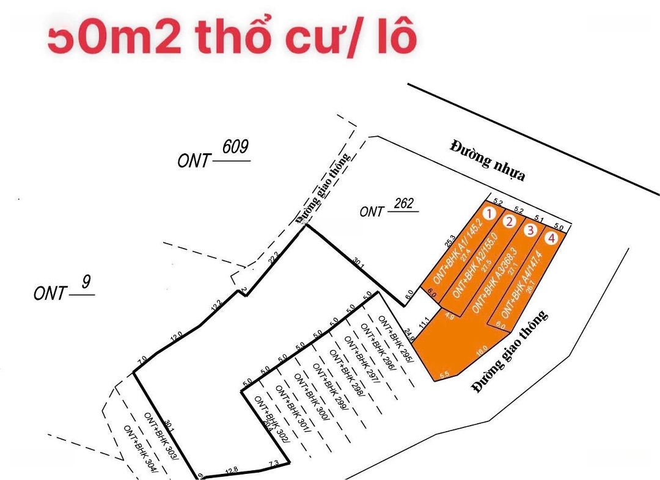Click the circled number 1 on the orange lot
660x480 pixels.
[488, 213]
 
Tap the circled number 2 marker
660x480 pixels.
[509, 222]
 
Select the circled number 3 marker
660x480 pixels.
[530, 230]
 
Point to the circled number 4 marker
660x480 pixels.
[552, 238]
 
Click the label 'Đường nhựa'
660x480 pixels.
[488, 161]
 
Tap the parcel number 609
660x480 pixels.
[235, 147]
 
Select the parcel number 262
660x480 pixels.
[404, 203]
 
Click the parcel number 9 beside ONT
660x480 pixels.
[86, 282]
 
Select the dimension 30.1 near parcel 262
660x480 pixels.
[358, 262]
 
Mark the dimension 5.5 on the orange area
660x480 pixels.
[444, 374]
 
